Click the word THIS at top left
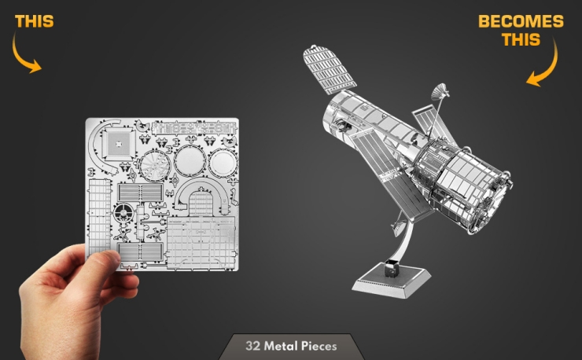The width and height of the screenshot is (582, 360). (x=34, y=21)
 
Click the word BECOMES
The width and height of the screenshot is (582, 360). (x=521, y=21)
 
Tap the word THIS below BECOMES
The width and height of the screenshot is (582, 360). (x=521, y=39)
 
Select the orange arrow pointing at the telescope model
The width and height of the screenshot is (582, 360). (x=549, y=67)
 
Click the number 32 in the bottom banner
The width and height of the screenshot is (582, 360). (x=252, y=346)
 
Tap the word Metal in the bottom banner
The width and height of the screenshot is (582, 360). (x=281, y=346)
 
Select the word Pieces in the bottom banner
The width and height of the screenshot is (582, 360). (x=319, y=346)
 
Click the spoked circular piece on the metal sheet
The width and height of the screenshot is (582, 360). (x=155, y=166)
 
